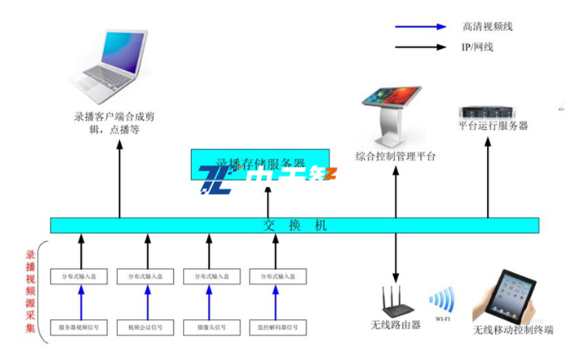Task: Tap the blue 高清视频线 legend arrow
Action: coord(420,26)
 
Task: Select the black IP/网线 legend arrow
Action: coord(420,47)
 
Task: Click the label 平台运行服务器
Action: coord(492,126)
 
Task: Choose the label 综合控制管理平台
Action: coord(395,157)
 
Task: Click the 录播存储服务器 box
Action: coord(260,163)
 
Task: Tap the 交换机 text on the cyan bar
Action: coord(295,226)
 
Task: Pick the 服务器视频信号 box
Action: coord(82,327)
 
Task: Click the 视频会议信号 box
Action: coord(148,327)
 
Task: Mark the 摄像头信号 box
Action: coord(211,327)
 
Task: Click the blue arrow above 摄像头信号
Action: coord(211,301)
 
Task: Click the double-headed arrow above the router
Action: coord(396,258)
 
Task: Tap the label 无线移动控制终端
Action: coord(513,330)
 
